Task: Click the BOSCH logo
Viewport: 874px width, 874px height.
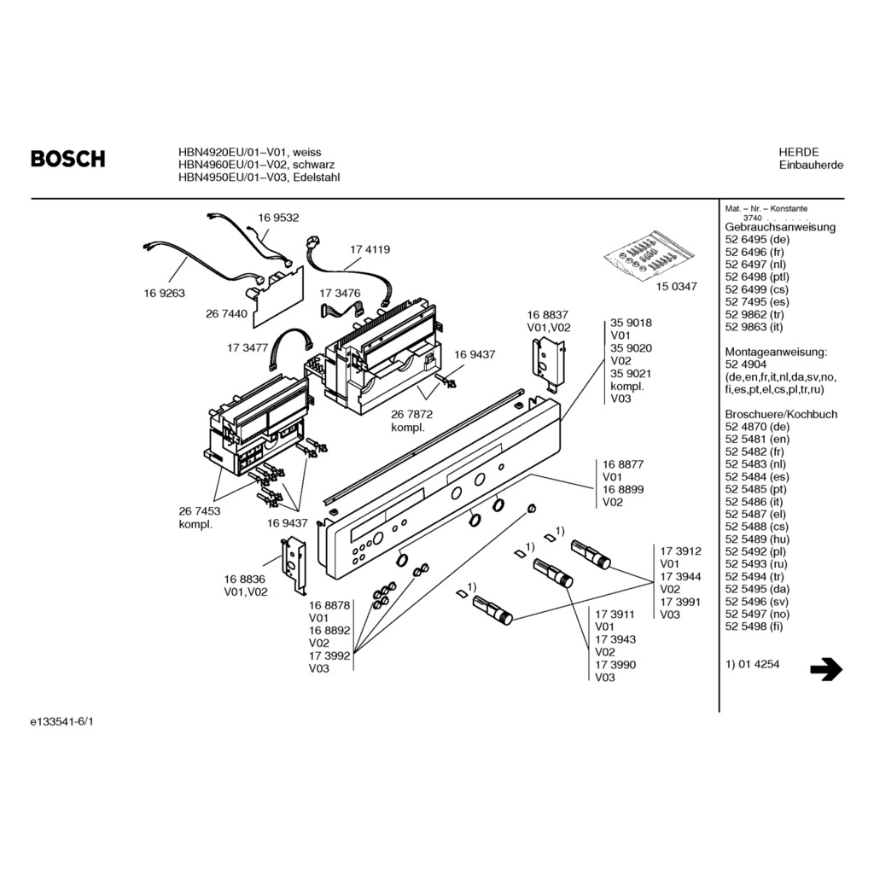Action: click(68, 159)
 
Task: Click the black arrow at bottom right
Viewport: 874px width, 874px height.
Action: click(825, 670)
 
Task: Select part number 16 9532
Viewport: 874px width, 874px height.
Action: click(278, 218)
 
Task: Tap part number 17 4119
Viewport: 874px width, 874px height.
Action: click(370, 250)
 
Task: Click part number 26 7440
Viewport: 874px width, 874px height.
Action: click(226, 314)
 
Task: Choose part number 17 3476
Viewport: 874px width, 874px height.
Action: click(341, 293)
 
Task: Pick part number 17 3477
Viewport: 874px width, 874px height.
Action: click(248, 348)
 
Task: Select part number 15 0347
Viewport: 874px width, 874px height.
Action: click(677, 287)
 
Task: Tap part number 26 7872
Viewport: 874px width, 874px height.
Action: click(411, 414)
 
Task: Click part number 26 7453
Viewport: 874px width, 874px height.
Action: click(200, 510)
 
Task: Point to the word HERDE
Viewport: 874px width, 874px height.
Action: click(798, 152)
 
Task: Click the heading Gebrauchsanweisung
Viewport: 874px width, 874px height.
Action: click(780, 227)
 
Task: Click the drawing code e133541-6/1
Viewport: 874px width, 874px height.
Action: click(62, 721)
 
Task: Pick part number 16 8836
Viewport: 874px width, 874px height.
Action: click(245, 579)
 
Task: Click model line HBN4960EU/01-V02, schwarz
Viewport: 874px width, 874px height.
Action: click(256, 165)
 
